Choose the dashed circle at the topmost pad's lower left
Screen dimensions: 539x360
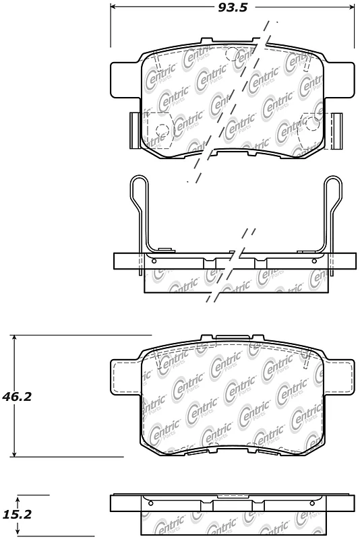click(162, 131)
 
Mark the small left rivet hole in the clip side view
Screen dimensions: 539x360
click(154, 261)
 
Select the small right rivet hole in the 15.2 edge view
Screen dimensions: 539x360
click(316, 503)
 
